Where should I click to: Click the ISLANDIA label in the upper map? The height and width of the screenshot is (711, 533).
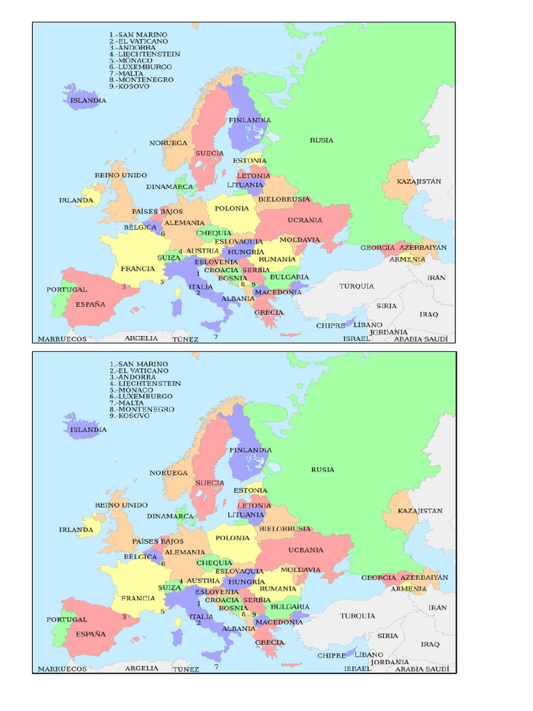(x=88, y=101)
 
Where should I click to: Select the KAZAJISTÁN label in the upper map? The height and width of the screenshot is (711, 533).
(x=419, y=181)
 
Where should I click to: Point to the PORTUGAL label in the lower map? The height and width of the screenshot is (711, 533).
(x=67, y=619)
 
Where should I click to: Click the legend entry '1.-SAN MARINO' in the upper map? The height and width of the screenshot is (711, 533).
(x=138, y=34)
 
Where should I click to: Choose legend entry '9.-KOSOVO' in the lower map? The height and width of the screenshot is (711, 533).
(x=129, y=416)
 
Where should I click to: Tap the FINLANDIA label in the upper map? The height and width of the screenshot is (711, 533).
(x=250, y=120)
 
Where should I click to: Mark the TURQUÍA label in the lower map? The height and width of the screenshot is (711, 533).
(x=357, y=616)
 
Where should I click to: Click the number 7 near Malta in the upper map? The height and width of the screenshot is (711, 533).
(x=216, y=337)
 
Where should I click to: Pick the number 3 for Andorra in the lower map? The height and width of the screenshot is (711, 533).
(x=124, y=616)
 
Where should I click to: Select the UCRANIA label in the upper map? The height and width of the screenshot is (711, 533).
(x=305, y=220)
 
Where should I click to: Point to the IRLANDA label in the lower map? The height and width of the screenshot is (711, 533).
(x=76, y=530)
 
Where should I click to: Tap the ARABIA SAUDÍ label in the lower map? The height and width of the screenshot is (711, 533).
(x=421, y=669)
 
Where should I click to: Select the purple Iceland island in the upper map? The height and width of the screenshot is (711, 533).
(x=80, y=92)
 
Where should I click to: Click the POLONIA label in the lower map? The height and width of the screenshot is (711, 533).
(x=232, y=538)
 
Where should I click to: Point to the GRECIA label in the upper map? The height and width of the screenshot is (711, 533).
(x=269, y=312)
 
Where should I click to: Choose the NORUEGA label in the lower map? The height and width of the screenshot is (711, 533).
(x=169, y=473)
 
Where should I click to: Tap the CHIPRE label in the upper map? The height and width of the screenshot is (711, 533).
(x=331, y=325)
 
